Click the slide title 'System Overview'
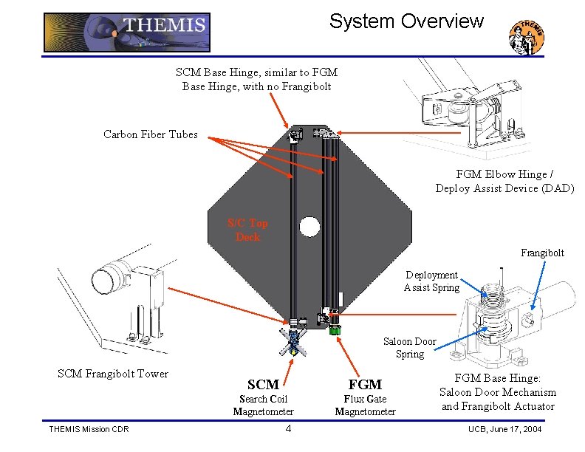tap(406, 21)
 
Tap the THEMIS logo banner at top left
tap(126, 32)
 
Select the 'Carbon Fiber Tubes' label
tap(151, 134)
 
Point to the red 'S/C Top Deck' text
tap(247, 230)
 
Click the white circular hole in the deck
tap(309, 225)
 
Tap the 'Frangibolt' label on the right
tap(542, 253)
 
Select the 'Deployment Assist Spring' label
tap(431, 281)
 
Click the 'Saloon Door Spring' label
tap(409, 348)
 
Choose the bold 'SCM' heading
tap(263, 384)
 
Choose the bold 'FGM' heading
tap(365, 384)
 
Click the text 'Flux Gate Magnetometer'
tap(365, 405)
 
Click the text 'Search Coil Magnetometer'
tap(263, 405)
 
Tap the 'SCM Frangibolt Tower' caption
tap(113, 374)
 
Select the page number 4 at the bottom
tap(288, 429)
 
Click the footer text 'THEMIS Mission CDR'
tap(90, 430)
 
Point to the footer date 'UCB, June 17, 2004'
tap(505, 430)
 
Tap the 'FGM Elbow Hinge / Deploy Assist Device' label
tap(504, 181)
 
